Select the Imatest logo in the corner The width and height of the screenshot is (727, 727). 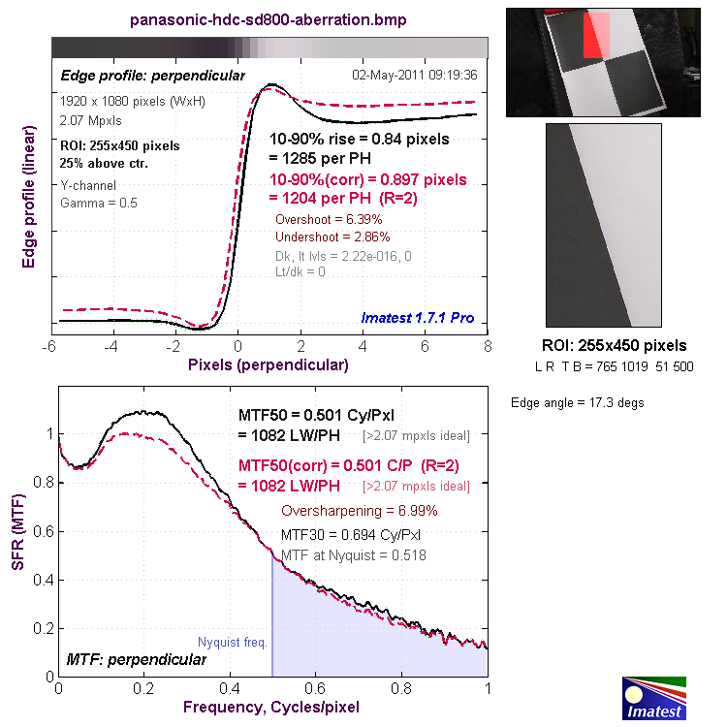point(653,698)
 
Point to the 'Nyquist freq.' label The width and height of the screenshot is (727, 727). point(232,642)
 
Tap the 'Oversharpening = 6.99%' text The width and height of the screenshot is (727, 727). point(359,511)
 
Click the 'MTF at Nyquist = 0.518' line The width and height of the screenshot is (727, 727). point(353,555)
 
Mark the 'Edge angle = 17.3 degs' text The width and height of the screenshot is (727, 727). point(578,402)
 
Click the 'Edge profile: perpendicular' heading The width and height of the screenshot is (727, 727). point(152,75)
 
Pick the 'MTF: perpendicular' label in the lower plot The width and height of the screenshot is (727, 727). point(136,660)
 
